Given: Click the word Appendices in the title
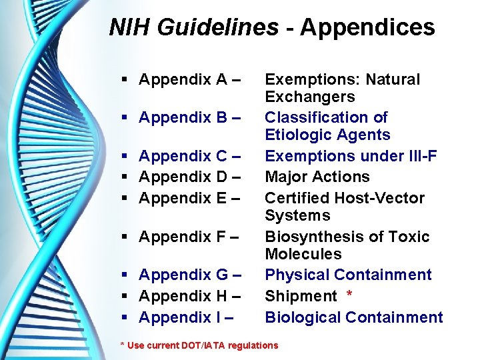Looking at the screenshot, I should pos(367,27).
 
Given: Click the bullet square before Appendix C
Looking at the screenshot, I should pos(126,157).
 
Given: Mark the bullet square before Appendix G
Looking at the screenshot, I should pos(126,275).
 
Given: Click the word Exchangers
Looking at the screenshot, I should pos(309,97).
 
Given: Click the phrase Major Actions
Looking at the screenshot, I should pos(317,177).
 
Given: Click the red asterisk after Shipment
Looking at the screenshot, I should pos(350,294).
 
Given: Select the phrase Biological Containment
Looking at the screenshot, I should pos(353,317).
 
